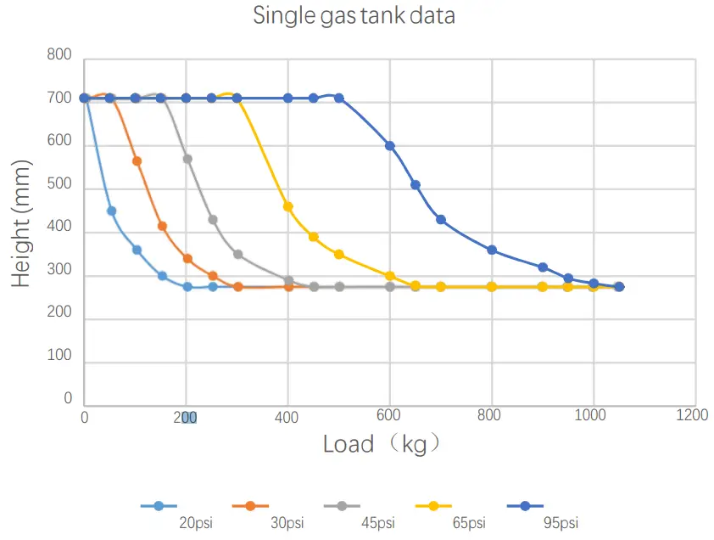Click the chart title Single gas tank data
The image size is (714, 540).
pos(354,15)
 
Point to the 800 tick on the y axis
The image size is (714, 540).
pos(59,56)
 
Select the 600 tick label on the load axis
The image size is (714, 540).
pos(389,415)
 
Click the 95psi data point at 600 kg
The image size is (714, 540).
pos(390,146)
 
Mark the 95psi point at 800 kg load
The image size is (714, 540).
pos(492,250)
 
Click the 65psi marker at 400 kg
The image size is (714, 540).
pos(288,206)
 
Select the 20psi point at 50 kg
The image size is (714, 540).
pos(111,211)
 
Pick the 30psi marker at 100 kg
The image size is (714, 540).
pos(137,160)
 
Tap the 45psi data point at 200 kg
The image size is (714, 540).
pos(187,159)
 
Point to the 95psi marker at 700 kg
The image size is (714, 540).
pos(441,219)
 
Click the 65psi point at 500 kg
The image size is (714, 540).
pos(339,254)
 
